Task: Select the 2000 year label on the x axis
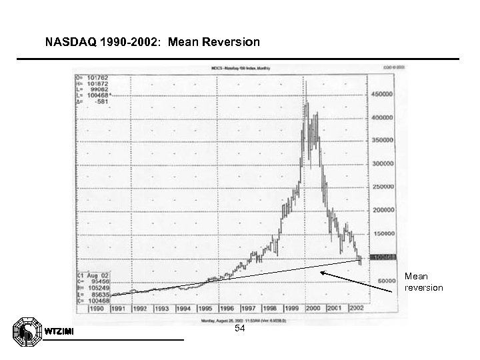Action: click(x=313, y=309)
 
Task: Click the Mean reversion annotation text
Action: click(x=423, y=282)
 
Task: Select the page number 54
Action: click(x=240, y=329)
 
